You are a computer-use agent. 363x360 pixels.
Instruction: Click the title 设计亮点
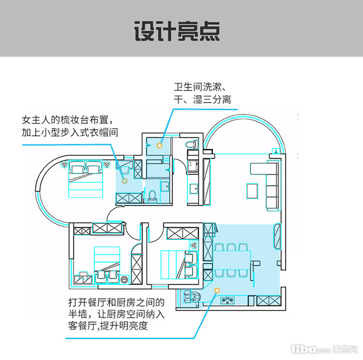(177, 31)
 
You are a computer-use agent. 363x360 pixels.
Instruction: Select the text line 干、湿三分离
(203, 101)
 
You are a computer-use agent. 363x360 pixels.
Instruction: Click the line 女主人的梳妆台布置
(68, 119)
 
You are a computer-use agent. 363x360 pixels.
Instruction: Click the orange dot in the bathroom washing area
(159, 145)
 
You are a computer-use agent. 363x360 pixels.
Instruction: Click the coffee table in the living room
(252, 191)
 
